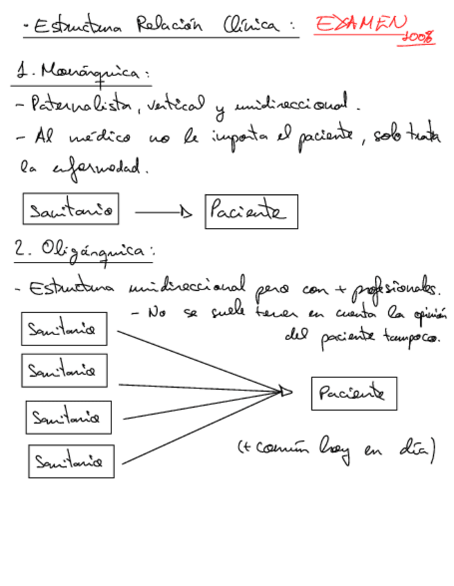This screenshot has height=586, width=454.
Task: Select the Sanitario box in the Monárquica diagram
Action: click(71, 209)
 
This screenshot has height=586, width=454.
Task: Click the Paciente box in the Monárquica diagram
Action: click(251, 211)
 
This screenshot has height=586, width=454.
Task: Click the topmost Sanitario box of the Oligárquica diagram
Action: click(64, 330)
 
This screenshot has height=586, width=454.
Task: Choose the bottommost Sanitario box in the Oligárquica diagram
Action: click(71, 461)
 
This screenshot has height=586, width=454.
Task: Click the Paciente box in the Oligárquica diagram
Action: click(354, 394)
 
